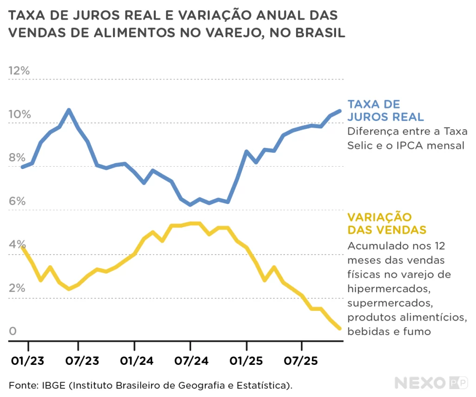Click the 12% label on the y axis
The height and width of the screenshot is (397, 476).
point(19,71)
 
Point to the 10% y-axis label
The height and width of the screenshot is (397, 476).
point(19,114)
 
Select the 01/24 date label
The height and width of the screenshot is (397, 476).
point(134,361)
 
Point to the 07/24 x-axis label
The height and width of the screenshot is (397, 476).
point(190,361)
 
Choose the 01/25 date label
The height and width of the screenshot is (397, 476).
point(246,361)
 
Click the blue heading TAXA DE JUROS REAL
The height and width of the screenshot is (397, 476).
point(385,110)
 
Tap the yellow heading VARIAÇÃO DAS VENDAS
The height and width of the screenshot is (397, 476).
point(387,223)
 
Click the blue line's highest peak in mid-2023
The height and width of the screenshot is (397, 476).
point(69,110)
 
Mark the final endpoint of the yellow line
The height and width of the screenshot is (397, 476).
point(339,329)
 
